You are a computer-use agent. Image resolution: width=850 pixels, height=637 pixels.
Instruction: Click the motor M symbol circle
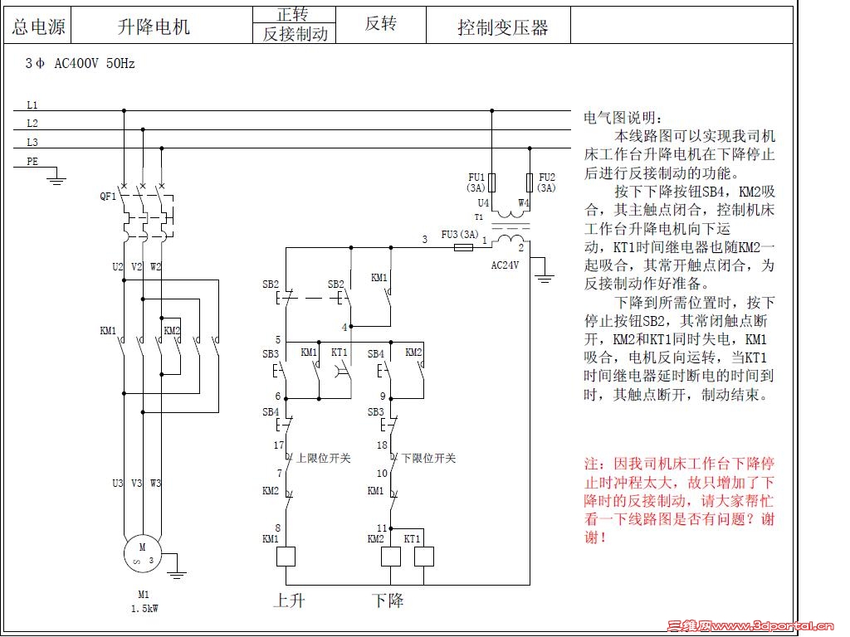point(142,553)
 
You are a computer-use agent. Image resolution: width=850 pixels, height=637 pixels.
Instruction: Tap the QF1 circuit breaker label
point(108,197)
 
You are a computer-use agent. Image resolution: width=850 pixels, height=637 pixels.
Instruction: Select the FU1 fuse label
point(476,177)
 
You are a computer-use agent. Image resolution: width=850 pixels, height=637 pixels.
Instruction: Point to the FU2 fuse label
point(546,177)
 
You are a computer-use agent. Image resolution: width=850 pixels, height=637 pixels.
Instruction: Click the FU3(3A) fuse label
point(460,234)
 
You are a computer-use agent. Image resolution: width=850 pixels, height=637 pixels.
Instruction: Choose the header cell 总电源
point(38,27)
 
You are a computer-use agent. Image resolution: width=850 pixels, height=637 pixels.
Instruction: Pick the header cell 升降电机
point(154,27)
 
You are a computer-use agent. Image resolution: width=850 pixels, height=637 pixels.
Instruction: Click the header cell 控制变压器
point(503,27)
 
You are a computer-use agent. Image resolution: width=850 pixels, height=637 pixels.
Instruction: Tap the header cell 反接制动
point(296,34)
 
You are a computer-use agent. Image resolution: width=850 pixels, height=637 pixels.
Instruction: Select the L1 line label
point(32,105)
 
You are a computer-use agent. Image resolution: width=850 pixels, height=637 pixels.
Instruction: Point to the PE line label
point(32,162)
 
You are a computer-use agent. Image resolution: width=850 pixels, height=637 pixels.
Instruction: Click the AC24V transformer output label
point(506,265)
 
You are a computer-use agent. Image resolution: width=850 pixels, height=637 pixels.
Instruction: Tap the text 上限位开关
point(324,457)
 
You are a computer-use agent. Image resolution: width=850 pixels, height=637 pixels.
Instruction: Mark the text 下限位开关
point(428,457)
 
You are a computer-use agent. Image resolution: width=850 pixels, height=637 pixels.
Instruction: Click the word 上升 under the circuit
point(289,600)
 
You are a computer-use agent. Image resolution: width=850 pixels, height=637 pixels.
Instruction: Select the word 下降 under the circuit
point(387,600)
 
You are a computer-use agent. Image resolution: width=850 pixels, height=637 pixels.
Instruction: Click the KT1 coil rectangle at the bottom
point(423,556)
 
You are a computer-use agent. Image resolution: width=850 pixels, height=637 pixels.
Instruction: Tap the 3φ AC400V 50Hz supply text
point(80,63)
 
